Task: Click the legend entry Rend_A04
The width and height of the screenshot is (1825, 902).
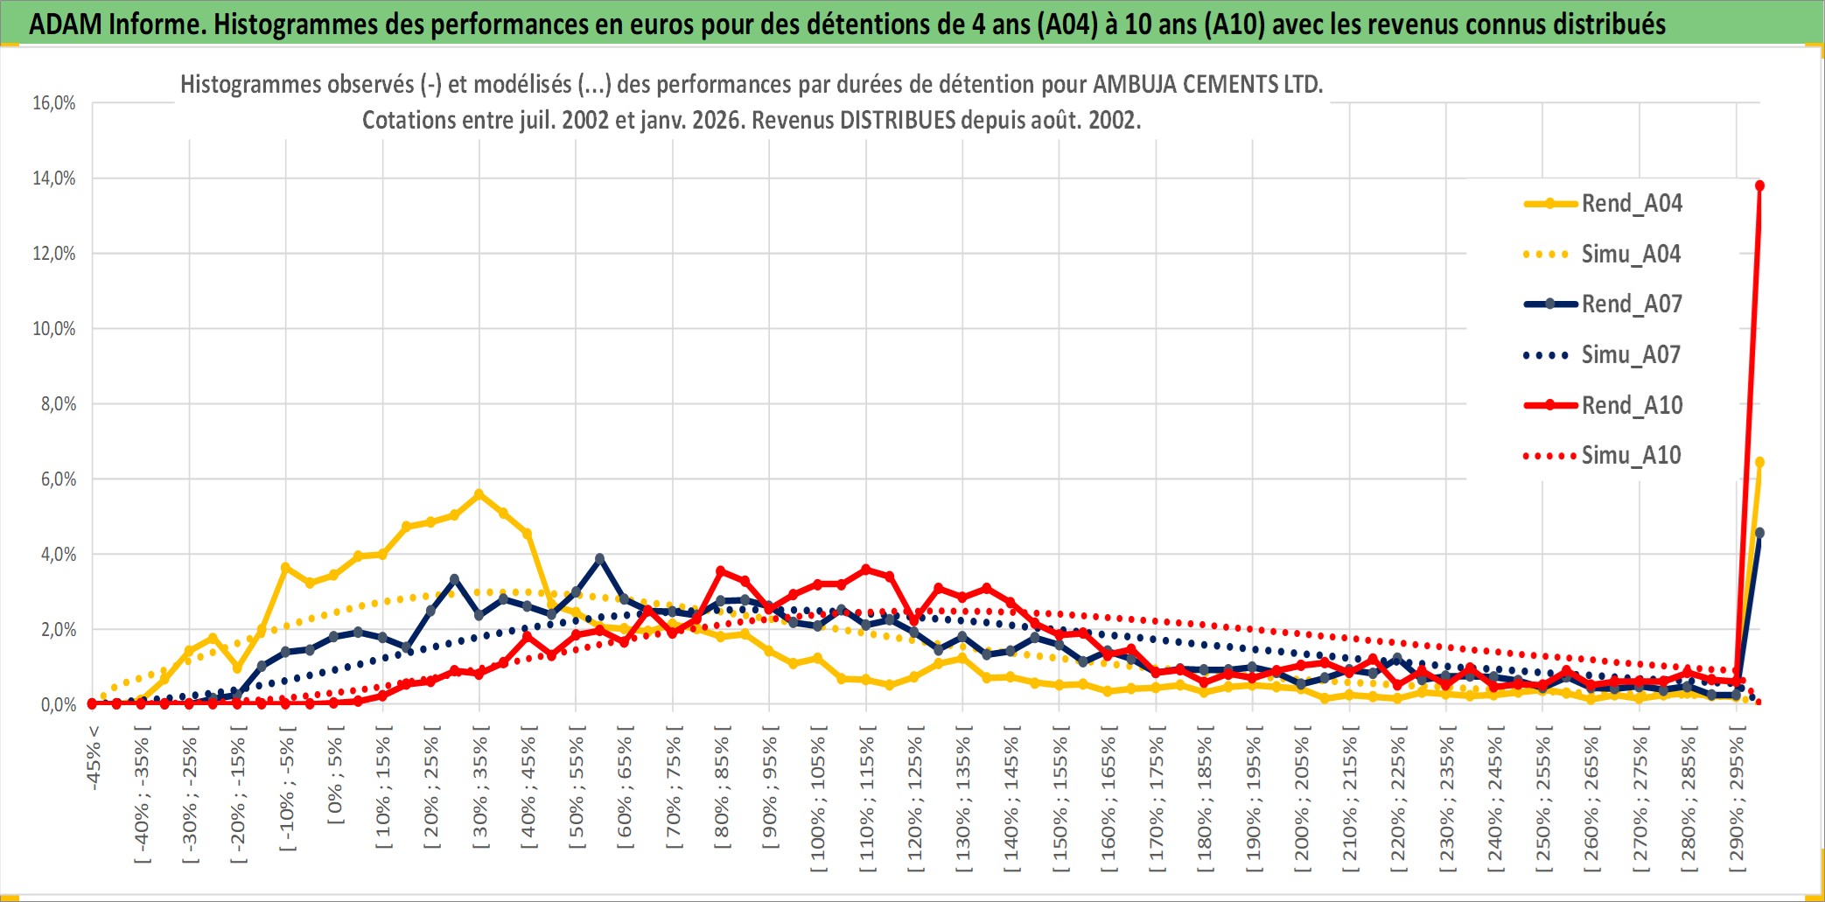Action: pyautogui.click(x=1631, y=204)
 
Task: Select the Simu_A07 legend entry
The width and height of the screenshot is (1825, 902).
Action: pyautogui.click(x=1631, y=355)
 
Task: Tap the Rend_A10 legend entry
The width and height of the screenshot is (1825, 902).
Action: pyautogui.click(x=1631, y=406)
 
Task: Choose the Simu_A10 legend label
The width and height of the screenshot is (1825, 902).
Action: pyautogui.click(x=1631, y=456)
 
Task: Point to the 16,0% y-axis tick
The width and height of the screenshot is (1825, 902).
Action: pyautogui.click(x=54, y=103)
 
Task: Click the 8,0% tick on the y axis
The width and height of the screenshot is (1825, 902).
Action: pyautogui.click(x=58, y=404)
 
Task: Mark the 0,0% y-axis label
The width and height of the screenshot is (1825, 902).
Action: pyautogui.click(x=58, y=705)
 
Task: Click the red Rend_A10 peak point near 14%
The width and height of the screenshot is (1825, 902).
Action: pyautogui.click(x=1759, y=185)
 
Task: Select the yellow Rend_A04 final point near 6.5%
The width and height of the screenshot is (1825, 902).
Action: pyautogui.click(x=1759, y=462)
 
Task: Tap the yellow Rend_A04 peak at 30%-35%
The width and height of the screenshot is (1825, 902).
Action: pyautogui.click(x=479, y=494)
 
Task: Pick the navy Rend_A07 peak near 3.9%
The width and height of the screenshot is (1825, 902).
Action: pyautogui.click(x=599, y=558)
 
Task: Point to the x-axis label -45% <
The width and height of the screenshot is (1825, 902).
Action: pyautogui.click(x=94, y=758)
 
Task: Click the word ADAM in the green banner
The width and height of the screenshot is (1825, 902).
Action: pyautogui.click(x=66, y=24)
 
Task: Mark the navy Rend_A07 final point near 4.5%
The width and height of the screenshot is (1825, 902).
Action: pyautogui.click(x=1759, y=533)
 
